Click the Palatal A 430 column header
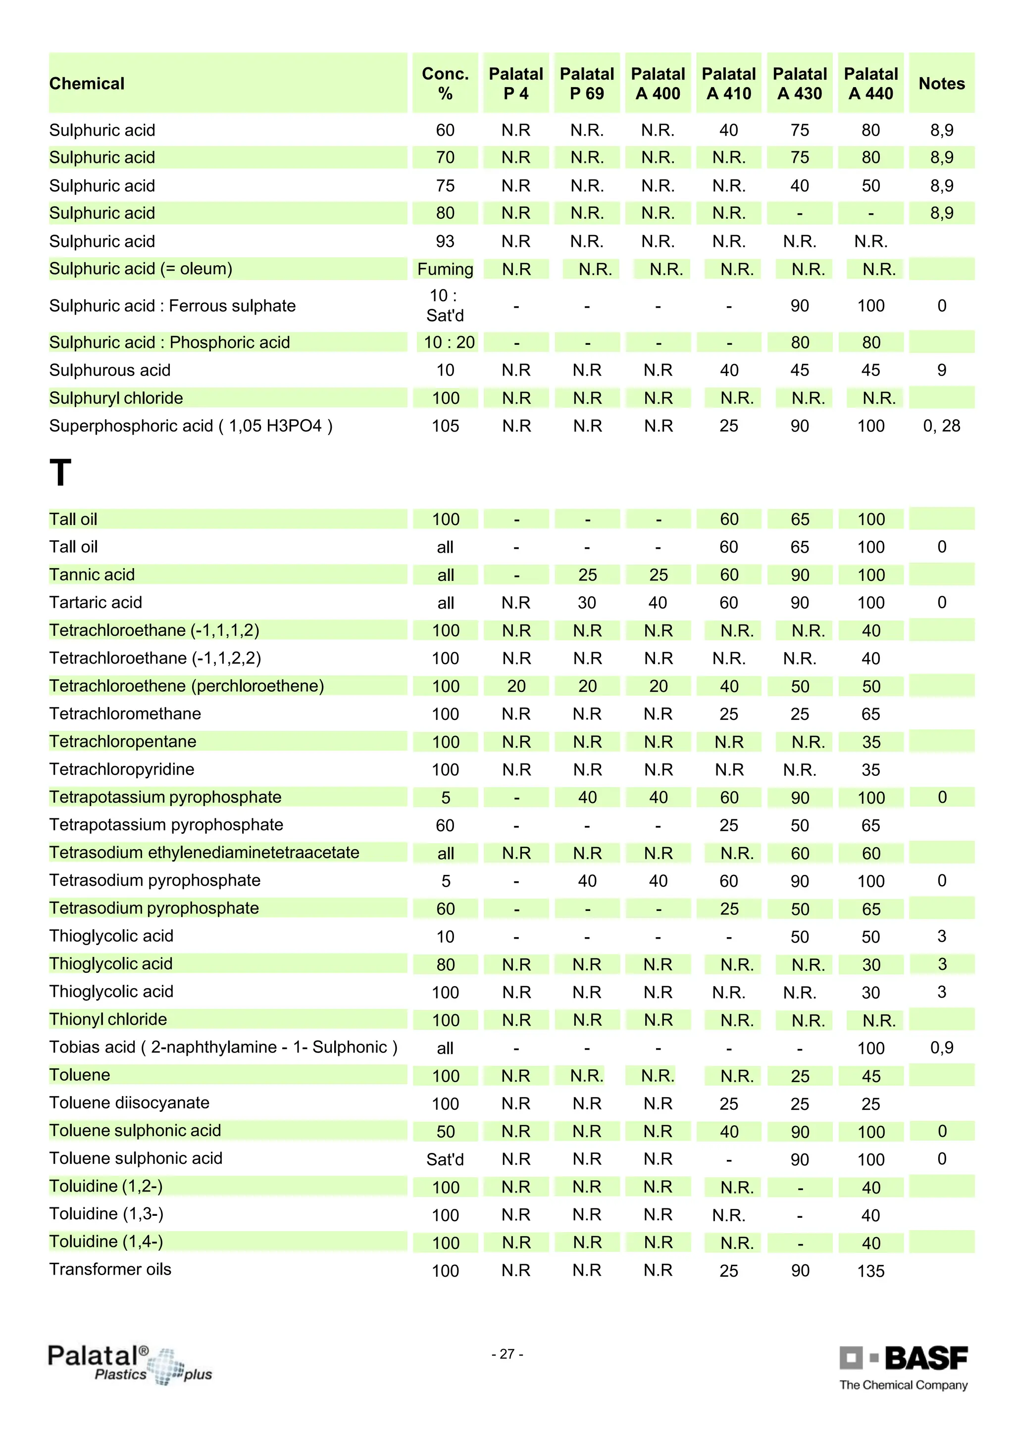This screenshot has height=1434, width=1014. point(800,84)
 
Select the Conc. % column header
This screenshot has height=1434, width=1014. point(445,84)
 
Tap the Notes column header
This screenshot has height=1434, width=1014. point(942,84)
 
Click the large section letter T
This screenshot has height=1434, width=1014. point(60,473)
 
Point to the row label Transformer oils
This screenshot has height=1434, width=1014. point(110,1269)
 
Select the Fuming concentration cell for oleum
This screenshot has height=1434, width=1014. point(445,269)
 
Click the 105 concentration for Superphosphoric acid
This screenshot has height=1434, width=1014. point(445,426)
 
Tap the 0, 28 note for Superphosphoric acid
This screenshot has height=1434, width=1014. point(942,426)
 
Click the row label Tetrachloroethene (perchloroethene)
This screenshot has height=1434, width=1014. point(187,686)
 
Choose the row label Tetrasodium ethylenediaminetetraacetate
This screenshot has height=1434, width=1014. point(204,853)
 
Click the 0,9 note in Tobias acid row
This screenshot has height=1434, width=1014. point(942,1048)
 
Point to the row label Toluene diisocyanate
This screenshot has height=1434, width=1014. point(129,1103)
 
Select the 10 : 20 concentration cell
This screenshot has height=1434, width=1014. point(449,342)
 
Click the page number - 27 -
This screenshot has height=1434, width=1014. point(507,1354)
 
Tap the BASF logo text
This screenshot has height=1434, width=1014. point(926,1357)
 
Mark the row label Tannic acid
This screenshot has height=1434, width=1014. point(92,574)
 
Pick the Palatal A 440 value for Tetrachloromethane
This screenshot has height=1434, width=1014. point(871,714)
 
